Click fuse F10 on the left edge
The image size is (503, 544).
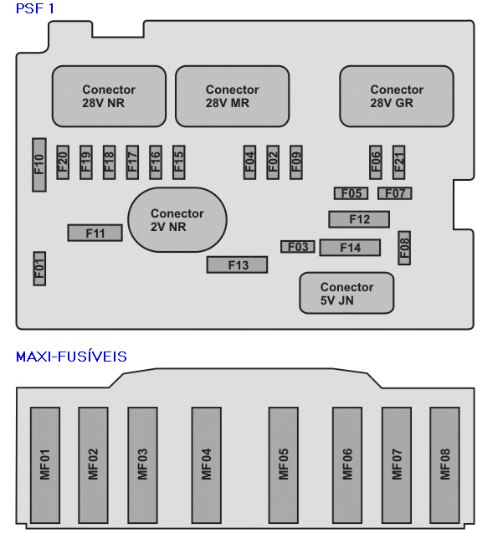click(39, 165)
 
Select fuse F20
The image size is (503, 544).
click(63, 162)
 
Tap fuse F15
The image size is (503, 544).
click(178, 162)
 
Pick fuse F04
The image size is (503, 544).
click(249, 162)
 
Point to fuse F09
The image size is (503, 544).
click(296, 162)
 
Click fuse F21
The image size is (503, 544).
click(399, 162)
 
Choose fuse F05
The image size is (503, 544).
click(351, 193)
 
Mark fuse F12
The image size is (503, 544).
click(359, 219)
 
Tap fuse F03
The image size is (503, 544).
click(298, 247)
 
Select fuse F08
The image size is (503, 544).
click(404, 248)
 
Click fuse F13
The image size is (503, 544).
click(238, 265)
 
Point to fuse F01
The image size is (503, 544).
click(39, 269)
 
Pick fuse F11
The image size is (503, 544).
click(95, 234)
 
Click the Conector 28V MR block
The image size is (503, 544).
click(233, 96)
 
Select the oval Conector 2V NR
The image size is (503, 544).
click(177, 220)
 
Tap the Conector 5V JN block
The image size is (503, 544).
click(346, 293)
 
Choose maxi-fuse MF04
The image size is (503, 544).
click(207, 465)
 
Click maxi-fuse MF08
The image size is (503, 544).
click(445, 465)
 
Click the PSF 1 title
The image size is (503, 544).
click(35, 8)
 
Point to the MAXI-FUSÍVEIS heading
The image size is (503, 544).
click(71, 357)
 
